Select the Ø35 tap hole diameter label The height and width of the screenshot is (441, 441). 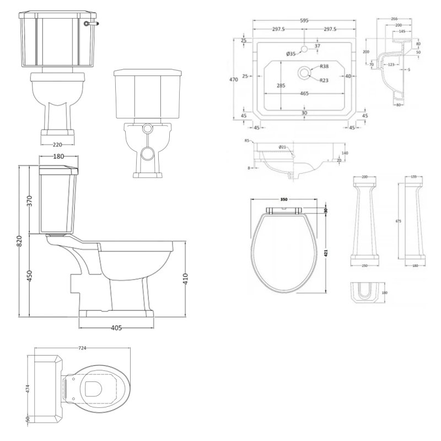(x=291, y=53)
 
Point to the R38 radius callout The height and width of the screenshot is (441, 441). (x=325, y=67)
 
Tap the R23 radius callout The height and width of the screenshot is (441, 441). (x=325, y=80)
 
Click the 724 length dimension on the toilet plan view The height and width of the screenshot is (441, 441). (x=83, y=348)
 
